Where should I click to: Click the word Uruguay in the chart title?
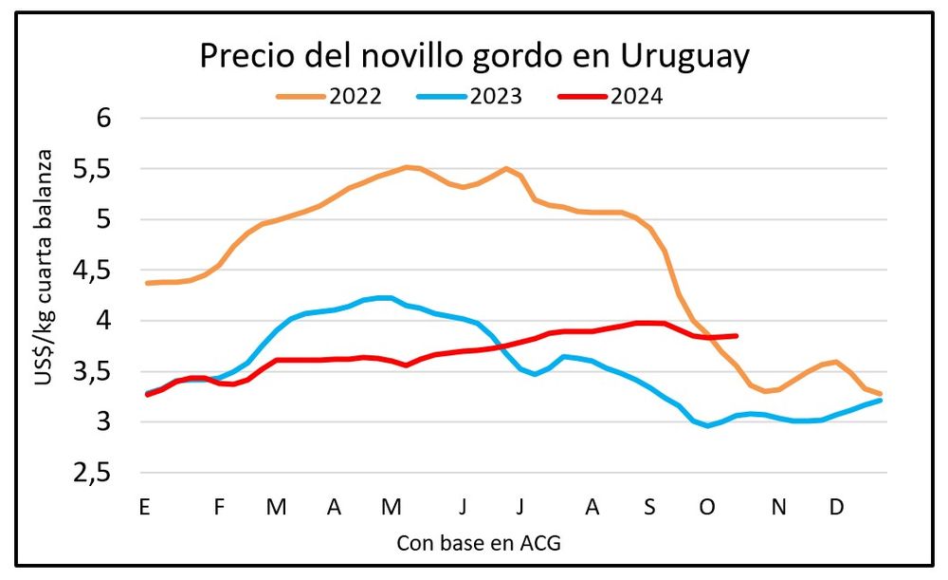[x=685, y=56]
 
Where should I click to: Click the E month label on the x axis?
[x=145, y=507]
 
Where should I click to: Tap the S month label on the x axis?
[x=649, y=507]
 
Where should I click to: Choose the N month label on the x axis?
[x=778, y=507]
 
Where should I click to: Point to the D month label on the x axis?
[x=836, y=507]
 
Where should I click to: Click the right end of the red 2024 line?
[x=737, y=335]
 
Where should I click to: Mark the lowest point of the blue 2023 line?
[x=707, y=425]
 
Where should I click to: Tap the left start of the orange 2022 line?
[x=146, y=283]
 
